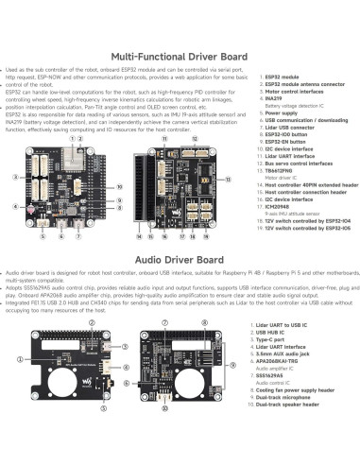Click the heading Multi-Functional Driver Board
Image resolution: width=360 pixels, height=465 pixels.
180,56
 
